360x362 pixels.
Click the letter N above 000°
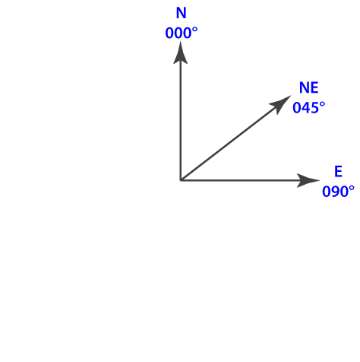[182, 13]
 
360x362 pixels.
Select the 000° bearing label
[182, 33]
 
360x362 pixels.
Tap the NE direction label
[308, 87]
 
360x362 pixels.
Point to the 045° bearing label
[308, 107]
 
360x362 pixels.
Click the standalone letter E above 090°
[338, 171]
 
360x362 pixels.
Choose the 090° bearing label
[338, 192]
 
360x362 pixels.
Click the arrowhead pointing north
[180, 53]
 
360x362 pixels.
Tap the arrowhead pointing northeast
[280, 103]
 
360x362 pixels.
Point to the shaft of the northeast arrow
[229, 143]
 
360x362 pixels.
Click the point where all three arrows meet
[181, 180]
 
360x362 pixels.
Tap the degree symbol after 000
[195, 30]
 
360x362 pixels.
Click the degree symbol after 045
[322, 104]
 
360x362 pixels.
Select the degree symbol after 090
[352, 188]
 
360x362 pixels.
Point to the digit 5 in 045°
[314, 108]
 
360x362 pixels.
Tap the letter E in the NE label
[314, 87]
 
